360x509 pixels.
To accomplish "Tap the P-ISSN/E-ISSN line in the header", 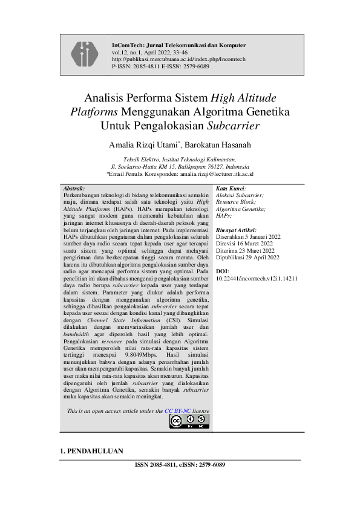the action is point(161,66).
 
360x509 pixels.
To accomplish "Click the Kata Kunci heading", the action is point(231,189).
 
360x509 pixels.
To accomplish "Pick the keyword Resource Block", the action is point(235,201).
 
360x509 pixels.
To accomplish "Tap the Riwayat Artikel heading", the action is point(236,230).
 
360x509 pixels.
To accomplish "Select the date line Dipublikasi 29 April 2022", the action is point(247,258).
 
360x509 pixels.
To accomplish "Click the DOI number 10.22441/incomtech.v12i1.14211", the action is point(256,278).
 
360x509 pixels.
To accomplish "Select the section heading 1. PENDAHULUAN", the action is point(91,451).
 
